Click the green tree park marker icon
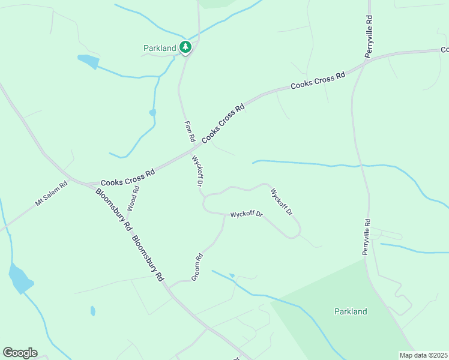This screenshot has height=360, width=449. (x=185, y=47)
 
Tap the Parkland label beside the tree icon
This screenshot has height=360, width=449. (x=160, y=48)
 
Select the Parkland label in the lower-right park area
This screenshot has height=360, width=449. (x=350, y=311)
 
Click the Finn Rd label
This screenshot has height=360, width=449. (x=190, y=131)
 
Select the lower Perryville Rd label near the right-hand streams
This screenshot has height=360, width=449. (x=367, y=237)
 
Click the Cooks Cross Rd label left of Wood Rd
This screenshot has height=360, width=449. (x=128, y=178)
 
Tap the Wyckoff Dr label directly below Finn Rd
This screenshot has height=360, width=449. (x=198, y=171)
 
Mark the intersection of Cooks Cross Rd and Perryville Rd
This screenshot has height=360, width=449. (x=364, y=61)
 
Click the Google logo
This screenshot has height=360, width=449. (x=20, y=353)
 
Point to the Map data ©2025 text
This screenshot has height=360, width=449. (x=423, y=355)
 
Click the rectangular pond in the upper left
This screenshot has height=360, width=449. (x=88, y=61)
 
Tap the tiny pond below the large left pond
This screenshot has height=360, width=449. (x=92, y=311)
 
